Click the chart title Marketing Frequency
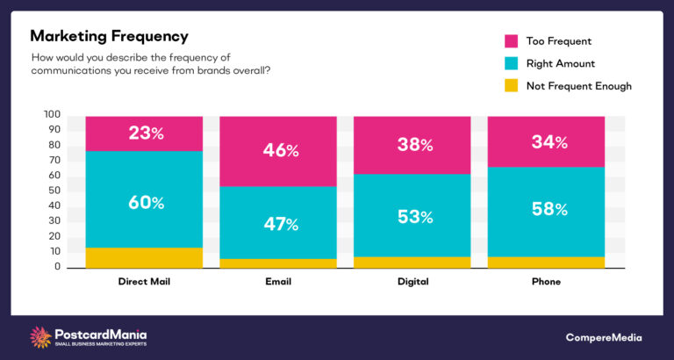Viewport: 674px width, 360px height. pos(110,36)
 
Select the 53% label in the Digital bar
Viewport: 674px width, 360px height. pos(414,217)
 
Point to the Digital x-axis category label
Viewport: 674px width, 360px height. pos(414,282)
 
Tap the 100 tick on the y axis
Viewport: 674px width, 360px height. pos(52,115)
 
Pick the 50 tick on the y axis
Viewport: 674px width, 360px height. pos(54,191)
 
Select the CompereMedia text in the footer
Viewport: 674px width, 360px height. pos(604,337)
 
